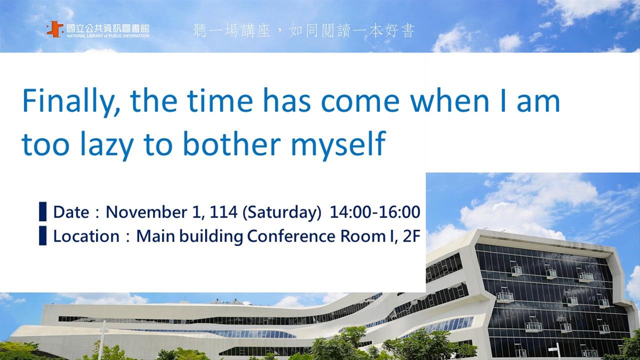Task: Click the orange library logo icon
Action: tap(55, 29)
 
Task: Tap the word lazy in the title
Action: tap(107, 145)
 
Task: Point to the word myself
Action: tap(338, 145)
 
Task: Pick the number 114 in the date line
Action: tap(223, 212)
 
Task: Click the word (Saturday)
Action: tap(282, 213)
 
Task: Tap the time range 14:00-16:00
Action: tap(375, 212)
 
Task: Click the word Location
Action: tap(86, 236)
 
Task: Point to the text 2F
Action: tap(411, 236)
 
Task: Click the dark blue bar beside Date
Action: tap(43, 211)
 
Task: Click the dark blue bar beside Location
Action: tap(43, 235)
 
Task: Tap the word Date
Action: tap(71, 212)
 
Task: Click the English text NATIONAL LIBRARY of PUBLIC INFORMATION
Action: tap(108, 36)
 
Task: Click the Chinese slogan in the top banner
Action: tap(303, 31)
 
